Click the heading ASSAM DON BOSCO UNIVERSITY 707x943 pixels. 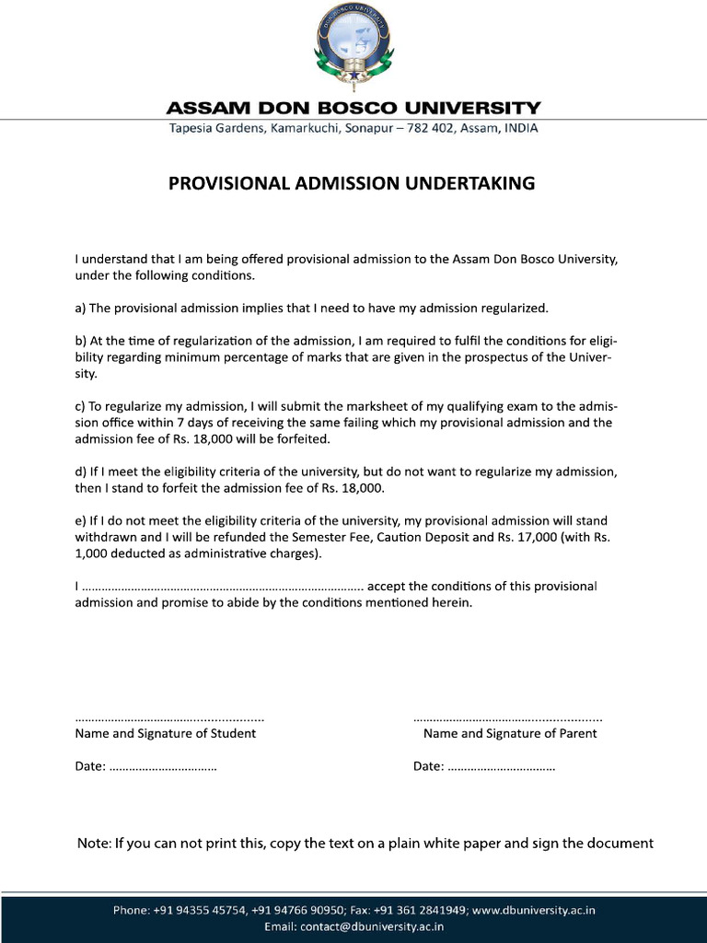[x=353, y=108]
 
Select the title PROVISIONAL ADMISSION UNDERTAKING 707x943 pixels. [x=351, y=183]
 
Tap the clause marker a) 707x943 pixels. [x=80, y=308]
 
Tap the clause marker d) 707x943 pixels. [x=80, y=471]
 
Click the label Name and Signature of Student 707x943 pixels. [x=166, y=734]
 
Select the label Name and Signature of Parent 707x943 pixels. [x=510, y=734]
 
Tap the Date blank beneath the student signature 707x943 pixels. [x=163, y=767]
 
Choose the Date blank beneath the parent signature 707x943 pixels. [x=501, y=767]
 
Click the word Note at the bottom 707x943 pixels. [x=93, y=844]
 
